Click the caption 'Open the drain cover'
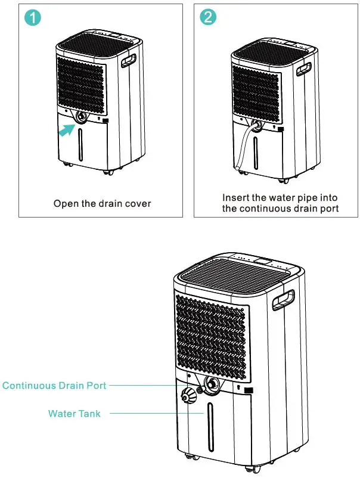pos(102,204)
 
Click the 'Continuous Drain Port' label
pos(54,386)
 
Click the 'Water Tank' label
pos(75,413)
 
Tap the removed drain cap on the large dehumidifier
pos(190,396)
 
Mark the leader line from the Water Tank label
pos(149,413)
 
